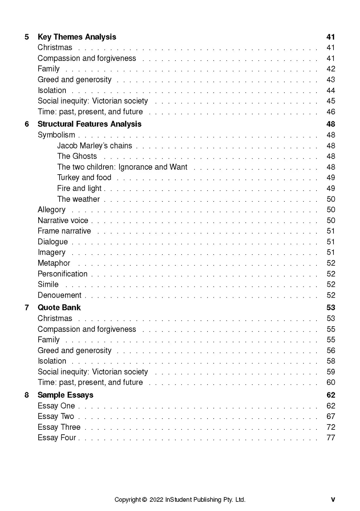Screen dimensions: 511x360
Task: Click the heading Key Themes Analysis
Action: click(x=77, y=37)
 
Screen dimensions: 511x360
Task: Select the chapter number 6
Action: click(x=27, y=124)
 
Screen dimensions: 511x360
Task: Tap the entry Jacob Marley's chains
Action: click(x=95, y=146)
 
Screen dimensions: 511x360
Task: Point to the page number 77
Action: click(x=331, y=438)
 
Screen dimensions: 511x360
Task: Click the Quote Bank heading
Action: click(x=59, y=308)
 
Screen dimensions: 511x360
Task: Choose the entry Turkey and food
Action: click(x=84, y=178)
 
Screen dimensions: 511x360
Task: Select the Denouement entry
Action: click(x=59, y=295)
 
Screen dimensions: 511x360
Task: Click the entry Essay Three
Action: click(x=59, y=427)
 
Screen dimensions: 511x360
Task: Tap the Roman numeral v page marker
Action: click(x=333, y=500)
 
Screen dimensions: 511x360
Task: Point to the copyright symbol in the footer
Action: click(x=145, y=500)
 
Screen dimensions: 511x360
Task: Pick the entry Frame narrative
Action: click(x=64, y=231)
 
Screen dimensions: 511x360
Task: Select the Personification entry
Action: click(x=63, y=274)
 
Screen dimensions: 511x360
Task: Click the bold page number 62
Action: click(x=331, y=395)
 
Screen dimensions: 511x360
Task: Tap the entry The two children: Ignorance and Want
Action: click(x=122, y=167)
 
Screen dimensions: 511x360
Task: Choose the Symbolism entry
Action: click(x=56, y=135)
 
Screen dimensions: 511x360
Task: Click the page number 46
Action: click(x=331, y=112)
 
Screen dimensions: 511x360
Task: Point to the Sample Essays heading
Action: click(x=65, y=395)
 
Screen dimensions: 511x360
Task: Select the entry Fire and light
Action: click(x=79, y=188)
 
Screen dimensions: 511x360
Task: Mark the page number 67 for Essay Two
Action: click(x=331, y=416)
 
